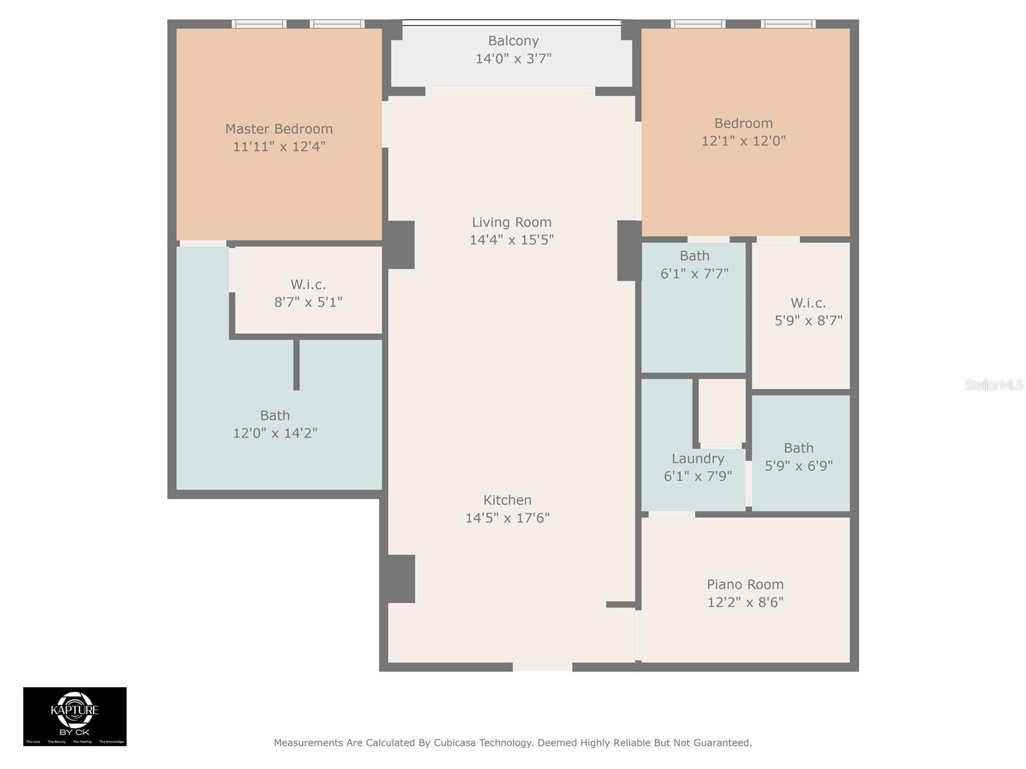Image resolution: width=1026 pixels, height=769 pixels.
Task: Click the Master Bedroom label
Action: [278, 129]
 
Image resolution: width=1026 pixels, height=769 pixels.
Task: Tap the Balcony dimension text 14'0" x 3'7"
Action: [513, 59]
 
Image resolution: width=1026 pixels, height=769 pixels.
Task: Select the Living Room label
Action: [511, 222]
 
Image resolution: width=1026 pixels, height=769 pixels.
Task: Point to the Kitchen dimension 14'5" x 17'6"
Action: [507, 518]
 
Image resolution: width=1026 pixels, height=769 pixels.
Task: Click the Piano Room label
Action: [745, 584]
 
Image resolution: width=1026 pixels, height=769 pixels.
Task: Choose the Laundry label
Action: [698, 459]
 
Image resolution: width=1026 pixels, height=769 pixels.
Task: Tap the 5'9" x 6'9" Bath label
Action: [798, 449]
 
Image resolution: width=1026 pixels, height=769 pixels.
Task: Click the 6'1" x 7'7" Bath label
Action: [694, 256]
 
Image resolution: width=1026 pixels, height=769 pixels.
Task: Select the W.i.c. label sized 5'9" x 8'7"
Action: [808, 303]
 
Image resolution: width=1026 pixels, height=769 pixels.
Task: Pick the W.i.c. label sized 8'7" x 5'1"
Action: [308, 285]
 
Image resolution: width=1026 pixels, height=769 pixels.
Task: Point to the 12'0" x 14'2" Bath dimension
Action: [275, 433]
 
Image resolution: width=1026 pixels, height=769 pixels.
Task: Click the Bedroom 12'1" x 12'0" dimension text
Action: [743, 141]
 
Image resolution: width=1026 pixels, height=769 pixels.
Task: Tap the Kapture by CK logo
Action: [75, 716]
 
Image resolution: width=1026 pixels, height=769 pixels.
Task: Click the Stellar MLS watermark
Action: [993, 384]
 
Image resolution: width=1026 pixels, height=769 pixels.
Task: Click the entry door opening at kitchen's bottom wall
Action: [542, 667]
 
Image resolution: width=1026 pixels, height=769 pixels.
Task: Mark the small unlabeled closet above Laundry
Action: [721, 410]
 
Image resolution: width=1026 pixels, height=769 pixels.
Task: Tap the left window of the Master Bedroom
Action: [259, 24]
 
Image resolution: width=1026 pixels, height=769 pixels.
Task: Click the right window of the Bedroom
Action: [788, 24]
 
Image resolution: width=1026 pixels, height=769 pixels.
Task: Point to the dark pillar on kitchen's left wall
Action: [400, 579]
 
